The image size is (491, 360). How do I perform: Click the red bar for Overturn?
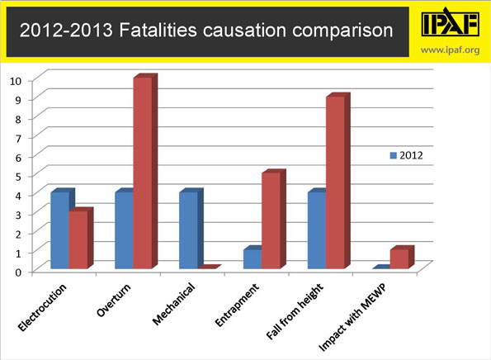click(143, 173)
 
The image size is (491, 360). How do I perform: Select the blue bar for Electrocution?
click(59, 231)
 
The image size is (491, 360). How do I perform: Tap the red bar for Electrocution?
click(78, 240)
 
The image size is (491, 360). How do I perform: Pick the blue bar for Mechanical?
click(188, 231)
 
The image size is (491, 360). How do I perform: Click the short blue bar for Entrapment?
click(253, 259)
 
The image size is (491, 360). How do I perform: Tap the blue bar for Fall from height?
click(317, 231)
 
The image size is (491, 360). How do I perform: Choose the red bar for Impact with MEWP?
click(400, 259)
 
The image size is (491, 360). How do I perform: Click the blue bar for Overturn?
click(124, 231)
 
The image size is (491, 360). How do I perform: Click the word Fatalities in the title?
click(135, 32)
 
